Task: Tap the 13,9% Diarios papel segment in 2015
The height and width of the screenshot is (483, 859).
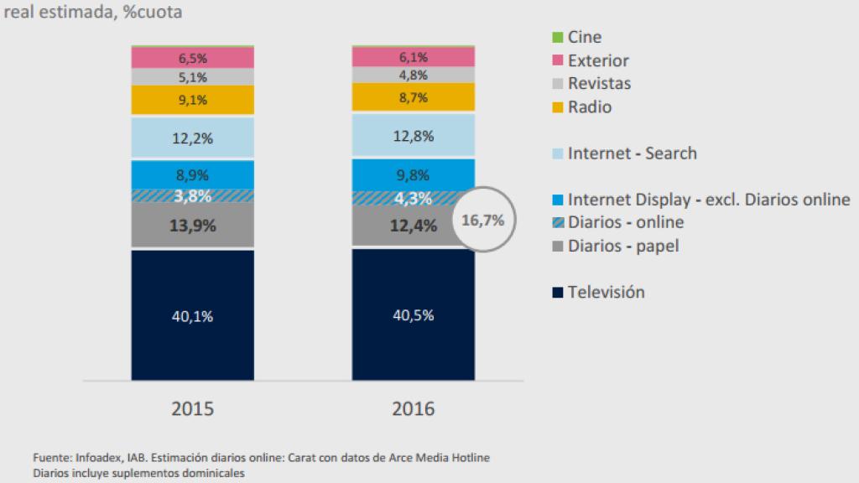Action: click(192, 226)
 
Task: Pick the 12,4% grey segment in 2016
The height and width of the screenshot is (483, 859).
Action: click(413, 225)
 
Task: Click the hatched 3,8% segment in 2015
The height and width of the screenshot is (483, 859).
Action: click(192, 195)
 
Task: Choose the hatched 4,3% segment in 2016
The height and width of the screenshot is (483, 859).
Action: click(413, 199)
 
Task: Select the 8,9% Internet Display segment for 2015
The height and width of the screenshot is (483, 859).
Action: click(192, 174)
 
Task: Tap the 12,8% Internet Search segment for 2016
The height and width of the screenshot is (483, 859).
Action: click(413, 135)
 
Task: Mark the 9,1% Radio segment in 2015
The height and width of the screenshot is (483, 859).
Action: click(192, 100)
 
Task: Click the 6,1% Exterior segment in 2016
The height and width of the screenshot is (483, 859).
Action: click(413, 57)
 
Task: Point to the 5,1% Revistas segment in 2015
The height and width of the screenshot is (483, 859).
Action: click(192, 77)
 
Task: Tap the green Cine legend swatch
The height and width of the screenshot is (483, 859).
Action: click(557, 38)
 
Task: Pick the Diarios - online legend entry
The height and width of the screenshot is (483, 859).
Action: click(625, 222)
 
